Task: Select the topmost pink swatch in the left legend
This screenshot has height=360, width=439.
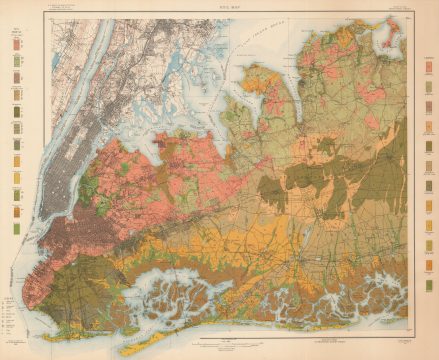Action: point(16,46)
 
